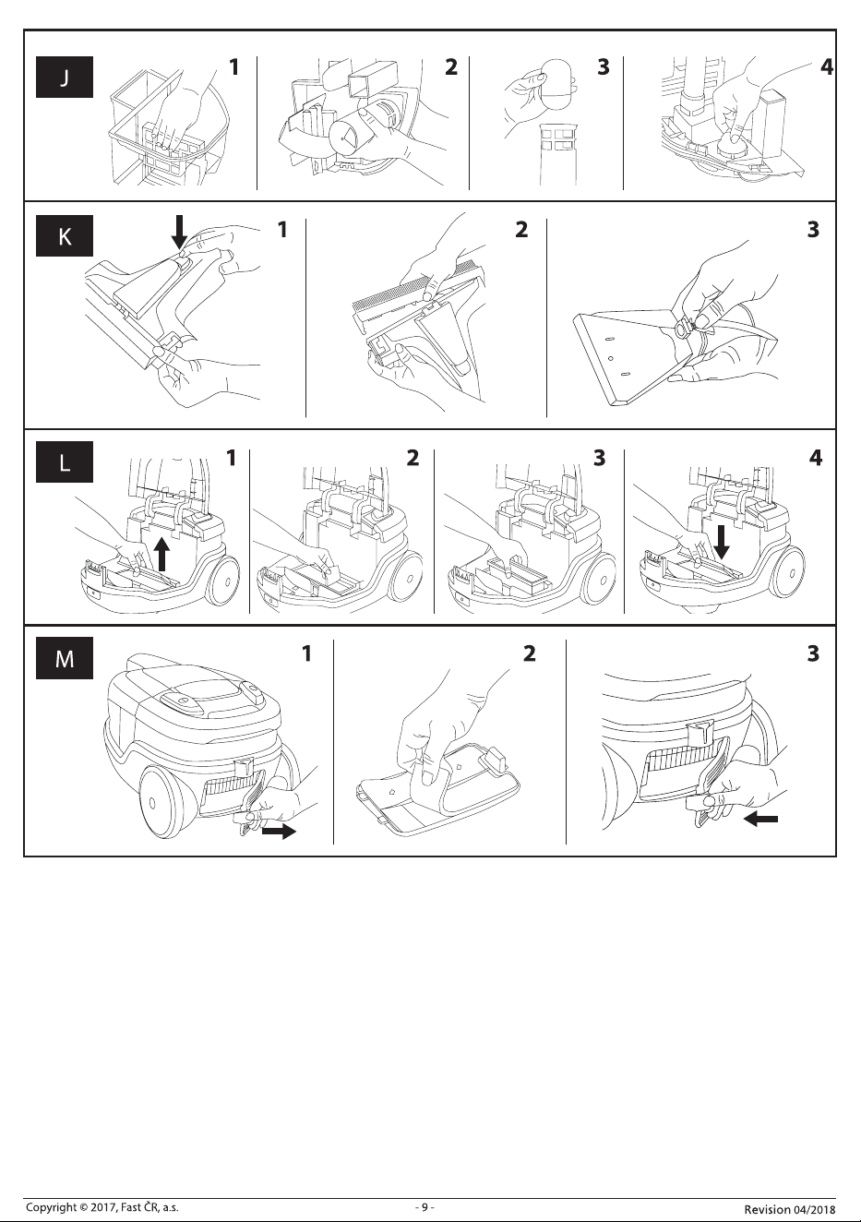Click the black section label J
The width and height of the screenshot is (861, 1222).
tap(65, 77)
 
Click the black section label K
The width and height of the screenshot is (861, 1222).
tap(65, 235)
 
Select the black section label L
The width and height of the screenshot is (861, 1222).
tap(65, 462)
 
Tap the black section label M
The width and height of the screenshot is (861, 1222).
tap(65, 658)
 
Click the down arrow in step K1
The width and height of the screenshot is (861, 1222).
tap(179, 232)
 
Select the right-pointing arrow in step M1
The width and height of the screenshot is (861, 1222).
tap(279, 832)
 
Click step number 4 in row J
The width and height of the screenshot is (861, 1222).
tap(827, 67)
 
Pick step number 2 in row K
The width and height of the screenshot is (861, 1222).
tap(521, 230)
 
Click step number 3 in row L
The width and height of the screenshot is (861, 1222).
tap(600, 458)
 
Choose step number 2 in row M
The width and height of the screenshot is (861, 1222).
tap(530, 653)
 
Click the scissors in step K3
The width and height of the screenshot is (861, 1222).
tap(687, 328)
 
